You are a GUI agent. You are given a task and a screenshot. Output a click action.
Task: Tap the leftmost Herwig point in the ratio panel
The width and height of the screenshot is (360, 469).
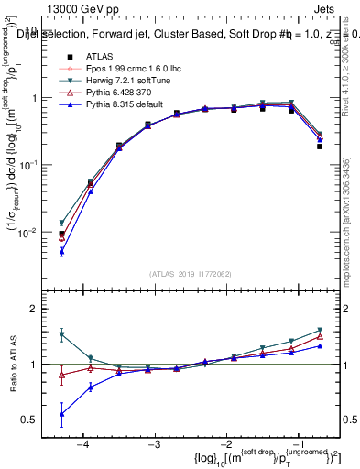[61, 335]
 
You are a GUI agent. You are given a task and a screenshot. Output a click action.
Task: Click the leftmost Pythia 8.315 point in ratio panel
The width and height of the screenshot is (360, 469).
[61, 414]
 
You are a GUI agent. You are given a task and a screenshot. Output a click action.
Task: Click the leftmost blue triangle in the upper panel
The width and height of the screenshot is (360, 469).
[61, 251]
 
